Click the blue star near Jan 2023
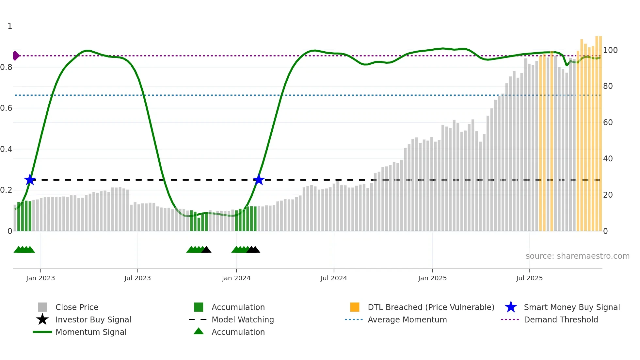click(30, 180)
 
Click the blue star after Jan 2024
click(259, 180)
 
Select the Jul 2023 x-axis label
click(137, 278)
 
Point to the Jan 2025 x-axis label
click(432, 278)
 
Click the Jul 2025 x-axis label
click(529, 278)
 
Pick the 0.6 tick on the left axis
click(7, 108)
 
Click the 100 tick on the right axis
click(610, 50)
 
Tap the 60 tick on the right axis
click(608, 123)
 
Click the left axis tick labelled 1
click(10, 26)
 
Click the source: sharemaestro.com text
click(577, 256)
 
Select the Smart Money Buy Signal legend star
click(511, 307)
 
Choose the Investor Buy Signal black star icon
click(42, 319)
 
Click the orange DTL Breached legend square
click(355, 307)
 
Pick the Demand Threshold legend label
click(561, 319)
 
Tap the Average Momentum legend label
click(407, 319)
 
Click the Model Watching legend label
click(243, 319)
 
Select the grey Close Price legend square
click(42, 307)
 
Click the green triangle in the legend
click(199, 331)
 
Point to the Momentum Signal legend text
click(91, 332)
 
